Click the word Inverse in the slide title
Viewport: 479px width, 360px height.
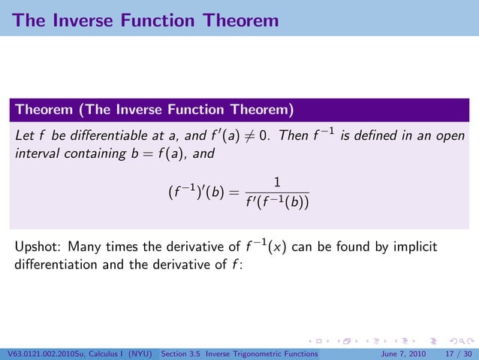click(x=89, y=20)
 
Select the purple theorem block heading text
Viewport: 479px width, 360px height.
click(x=154, y=110)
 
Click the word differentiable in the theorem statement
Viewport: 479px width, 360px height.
click(x=115, y=135)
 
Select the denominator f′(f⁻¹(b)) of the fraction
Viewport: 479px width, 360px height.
click(x=277, y=202)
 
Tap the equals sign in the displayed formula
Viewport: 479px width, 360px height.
click(x=233, y=193)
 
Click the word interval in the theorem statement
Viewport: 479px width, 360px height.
click(x=36, y=156)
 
